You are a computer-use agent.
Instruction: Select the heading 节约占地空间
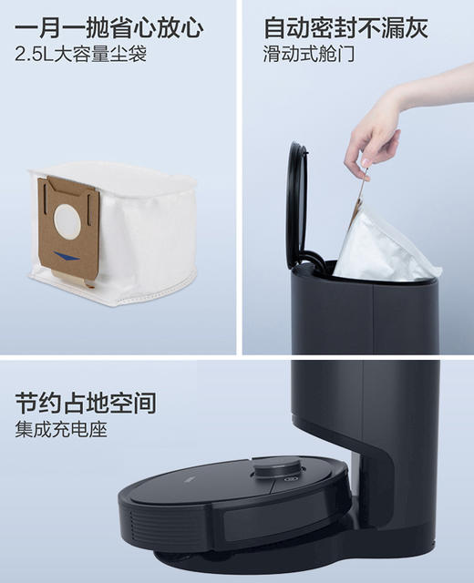85,403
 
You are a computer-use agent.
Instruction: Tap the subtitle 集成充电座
61,430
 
